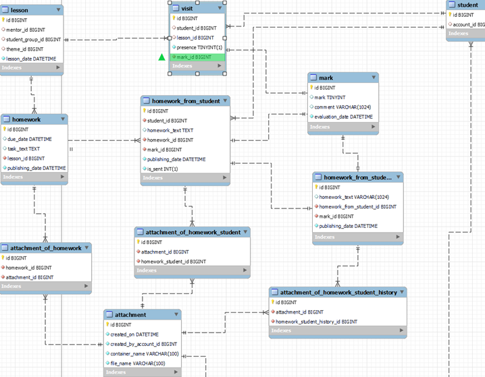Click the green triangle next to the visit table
pos(161,57)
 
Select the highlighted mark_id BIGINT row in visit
pos(194,57)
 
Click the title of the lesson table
pos(20,10)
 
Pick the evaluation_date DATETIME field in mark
pos(343,117)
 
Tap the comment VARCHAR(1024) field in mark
pos(342,107)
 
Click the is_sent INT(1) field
pos(162,169)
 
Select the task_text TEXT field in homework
pos(24,148)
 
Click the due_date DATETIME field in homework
pos(30,139)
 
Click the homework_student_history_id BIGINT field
pos(318,322)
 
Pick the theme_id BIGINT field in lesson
pos(25,49)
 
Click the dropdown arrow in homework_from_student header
pos(226,100)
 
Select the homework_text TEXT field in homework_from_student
pos(170,130)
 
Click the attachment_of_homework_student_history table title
pos(338,292)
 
